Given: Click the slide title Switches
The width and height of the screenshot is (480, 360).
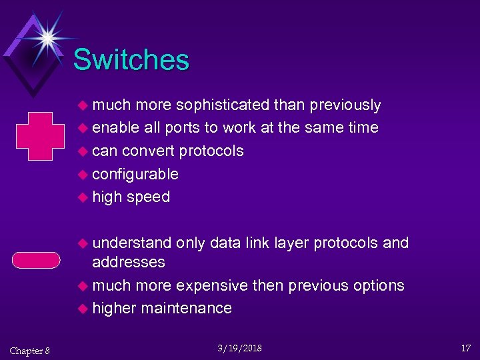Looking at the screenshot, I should pyautogui.click(x=131, y=60).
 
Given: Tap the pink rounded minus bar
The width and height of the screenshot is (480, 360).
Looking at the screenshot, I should pyautogui.click(x=38, y=258).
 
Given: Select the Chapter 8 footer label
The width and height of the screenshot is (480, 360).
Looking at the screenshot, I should pyautogui.click(x=29, y=351).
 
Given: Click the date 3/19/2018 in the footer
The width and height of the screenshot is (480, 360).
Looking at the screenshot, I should pyautogui.click(x=240, y=349).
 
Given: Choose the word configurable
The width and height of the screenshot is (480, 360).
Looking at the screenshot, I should pyautogui.click(x=135, y=174).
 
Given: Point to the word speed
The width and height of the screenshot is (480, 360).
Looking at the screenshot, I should pyautogui.click(x=148, y=197).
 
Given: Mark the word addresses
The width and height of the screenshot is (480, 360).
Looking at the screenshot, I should pyautogui.click(x=129, y=262).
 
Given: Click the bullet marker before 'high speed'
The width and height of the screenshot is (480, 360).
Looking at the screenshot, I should pyautogui.click(x=83, y=197).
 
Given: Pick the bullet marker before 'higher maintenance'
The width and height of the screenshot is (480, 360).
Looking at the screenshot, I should pyautogui.click(x=83, y=309).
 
